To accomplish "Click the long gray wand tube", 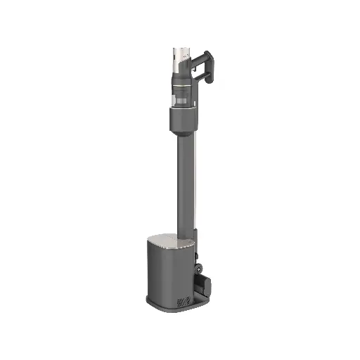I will click(x=181, y=183).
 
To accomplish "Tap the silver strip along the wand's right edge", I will click(x=191, y=183).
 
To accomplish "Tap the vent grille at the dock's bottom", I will click(x=185, y=299).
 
